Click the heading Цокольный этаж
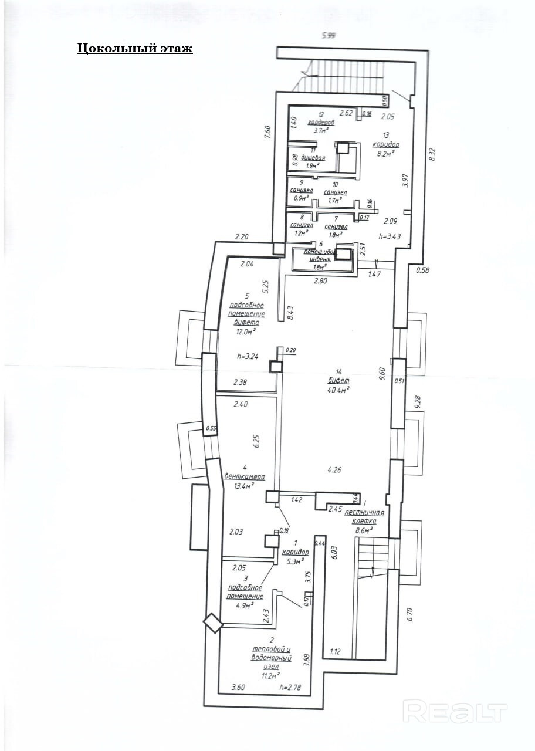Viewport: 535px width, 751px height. click(x=135, y=49)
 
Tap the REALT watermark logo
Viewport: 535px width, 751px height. click(x=455, y=712)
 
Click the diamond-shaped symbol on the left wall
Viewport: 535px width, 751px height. click(x=213, y=624)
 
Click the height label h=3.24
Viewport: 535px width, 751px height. click(x=248, y=356)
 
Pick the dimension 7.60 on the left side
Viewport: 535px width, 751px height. click(x=267, y=132)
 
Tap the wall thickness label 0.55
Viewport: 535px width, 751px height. click(x=211, y=429)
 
